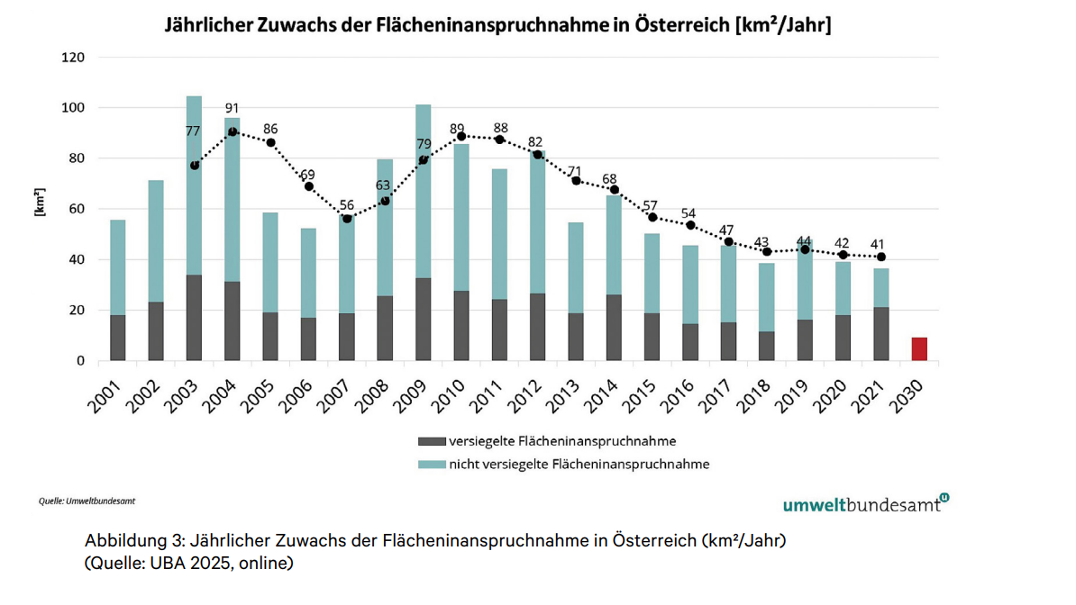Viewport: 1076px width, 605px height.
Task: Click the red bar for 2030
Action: (918, 349)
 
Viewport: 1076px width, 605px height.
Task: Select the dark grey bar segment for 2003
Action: (194, 318)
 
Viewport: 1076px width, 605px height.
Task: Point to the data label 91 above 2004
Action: (233, 109)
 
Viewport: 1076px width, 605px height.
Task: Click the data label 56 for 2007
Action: (347, 204)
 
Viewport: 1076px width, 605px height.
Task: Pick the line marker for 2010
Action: (461, 137)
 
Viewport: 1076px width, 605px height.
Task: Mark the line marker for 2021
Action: (880, 257)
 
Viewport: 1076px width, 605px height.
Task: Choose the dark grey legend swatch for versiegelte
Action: (431, 442)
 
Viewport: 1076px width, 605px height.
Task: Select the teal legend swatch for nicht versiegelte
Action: (431, 465)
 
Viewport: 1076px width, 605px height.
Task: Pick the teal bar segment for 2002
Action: (156, 240)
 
